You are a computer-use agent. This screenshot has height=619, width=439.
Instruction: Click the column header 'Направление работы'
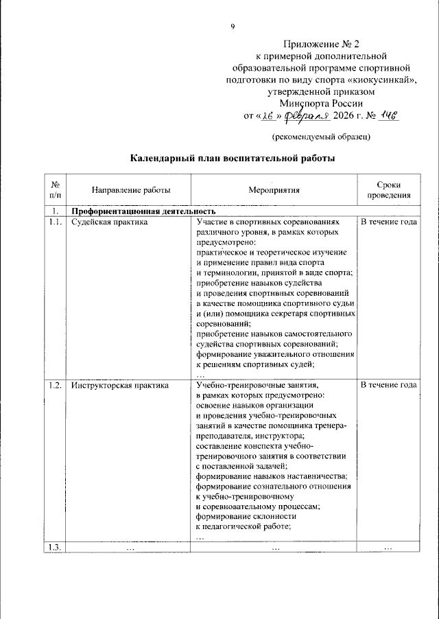pos(121,190)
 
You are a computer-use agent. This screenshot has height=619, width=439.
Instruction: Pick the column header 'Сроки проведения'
pos(388,190)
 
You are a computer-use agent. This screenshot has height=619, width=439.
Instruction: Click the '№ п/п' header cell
pos(54,190)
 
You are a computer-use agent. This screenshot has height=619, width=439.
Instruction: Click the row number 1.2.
pos(54,386)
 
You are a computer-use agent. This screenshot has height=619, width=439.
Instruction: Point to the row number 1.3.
pos(54,546)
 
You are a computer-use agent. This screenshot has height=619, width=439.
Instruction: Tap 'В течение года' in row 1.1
pos(388,222)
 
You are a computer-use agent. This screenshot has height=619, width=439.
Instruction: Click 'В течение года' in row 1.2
pos(388,386)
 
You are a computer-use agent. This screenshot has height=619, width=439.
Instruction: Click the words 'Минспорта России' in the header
pos(322,103)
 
